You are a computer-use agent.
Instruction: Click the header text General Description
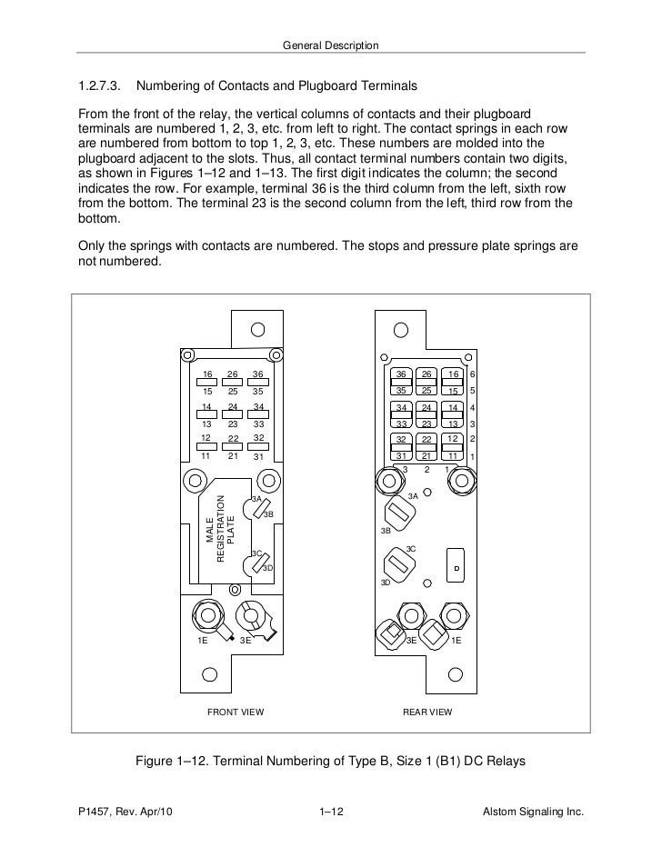click(x=331, y=45)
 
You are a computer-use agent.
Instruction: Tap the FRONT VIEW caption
click(x=236, y=712)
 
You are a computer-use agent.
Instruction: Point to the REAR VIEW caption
click(x=427, y=712)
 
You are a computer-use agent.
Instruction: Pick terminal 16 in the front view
click(x=207, y=374)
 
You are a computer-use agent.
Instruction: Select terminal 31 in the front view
click(x=259, y=456)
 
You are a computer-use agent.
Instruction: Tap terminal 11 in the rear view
click(x=451, y=455)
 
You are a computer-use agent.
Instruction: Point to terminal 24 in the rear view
click(x=426, y=408)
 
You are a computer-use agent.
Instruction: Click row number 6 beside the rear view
click(x=473, y=374)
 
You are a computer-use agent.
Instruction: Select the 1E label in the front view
click(x=204, y=641)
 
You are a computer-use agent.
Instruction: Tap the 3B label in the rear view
click(x=386, y=531)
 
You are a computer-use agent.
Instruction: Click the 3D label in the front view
click(x=267, y=569)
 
